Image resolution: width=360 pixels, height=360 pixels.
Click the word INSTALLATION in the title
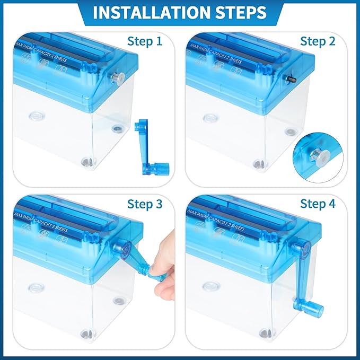tap(152, 12)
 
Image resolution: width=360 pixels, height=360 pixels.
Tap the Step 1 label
tap(145, 41)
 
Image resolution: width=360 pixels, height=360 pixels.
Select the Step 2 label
tap(318, 41)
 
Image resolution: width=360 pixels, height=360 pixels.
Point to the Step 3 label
tap(145, 204)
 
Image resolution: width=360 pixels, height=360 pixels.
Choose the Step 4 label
tap(318, 204)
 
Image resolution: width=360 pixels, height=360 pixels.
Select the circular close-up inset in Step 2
tap(318, 157)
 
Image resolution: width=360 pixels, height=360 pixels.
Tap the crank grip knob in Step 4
tap(314, 309)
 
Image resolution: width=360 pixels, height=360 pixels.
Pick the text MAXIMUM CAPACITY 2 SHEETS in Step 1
tap(41, 52)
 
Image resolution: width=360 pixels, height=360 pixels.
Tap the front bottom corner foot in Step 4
tap(265, 333)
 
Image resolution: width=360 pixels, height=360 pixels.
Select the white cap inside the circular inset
tap(319, 156)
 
